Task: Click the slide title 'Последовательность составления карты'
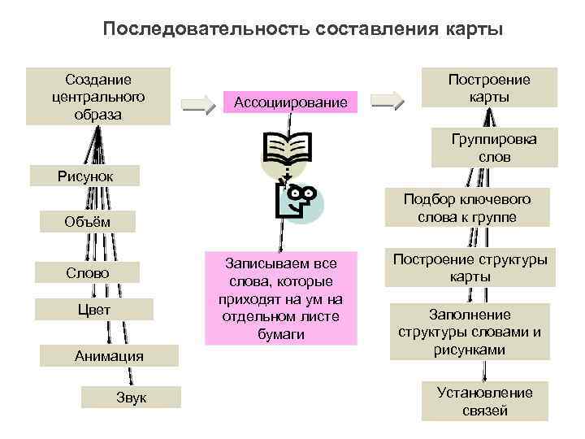(x=303, y=29)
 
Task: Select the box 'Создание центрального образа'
(x=97, y=96)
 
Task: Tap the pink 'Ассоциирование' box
(x=289, y=102)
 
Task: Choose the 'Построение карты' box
(x=489, y=88)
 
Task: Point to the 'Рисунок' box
(x=85, y=176)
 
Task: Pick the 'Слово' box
(x=88, y=272)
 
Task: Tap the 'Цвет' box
(x=95, y=310)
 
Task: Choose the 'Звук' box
(x=131, y=396)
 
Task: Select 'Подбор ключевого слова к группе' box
(x=479, y=208)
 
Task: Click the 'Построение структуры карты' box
(x=470, y=267)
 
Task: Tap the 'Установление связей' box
(x=484, y=402)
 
